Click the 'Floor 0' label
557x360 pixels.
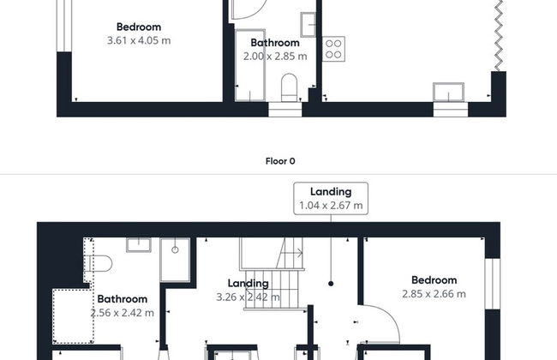pos(280,161)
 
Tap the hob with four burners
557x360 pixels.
pos(333,49)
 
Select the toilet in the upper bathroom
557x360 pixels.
pos(289,87)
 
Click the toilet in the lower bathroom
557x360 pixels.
pos(98,264)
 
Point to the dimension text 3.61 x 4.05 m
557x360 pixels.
pos(139,40)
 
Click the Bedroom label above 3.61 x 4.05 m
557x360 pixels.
pos(139,27)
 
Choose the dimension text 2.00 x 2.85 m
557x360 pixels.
pos(275,57)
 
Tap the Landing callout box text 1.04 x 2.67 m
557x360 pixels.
pos(331,206)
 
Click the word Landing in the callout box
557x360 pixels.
pos(331,192)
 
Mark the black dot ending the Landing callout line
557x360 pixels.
pos(331,284)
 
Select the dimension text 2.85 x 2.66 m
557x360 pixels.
pos(434,294)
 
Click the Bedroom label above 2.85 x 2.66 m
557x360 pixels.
pos(434,280)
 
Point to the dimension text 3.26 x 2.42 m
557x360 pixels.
pos(248,297)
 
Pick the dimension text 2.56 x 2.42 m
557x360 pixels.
pos(123,313)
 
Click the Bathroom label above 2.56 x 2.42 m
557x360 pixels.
pos(123,299)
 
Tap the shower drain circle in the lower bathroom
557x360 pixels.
pos(175,249)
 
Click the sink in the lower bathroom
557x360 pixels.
pos(139,245)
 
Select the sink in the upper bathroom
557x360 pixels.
pos(308,25)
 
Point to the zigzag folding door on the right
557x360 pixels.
pos(499,35)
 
